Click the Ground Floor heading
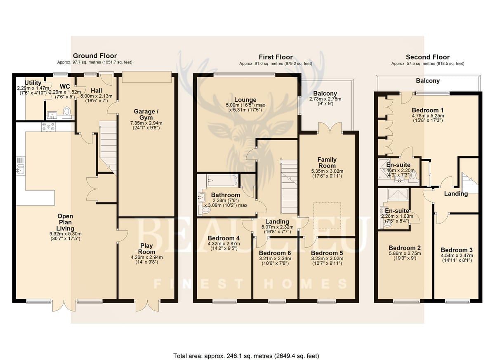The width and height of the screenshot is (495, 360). [x=95, y=56]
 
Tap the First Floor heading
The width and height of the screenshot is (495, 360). [x=276, y=57]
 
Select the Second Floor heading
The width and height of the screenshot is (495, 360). [x=428, y=57]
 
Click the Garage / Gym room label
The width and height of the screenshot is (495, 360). [x=146, y=114]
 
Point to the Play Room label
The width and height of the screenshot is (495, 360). [x=146, y=249]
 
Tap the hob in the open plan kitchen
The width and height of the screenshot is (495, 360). [x=48, y=127]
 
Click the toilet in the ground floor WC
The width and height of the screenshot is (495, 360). [x=66, y=111]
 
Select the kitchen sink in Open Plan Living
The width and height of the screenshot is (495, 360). [x=21, y=165]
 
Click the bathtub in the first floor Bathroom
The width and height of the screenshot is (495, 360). [x=222, y=180]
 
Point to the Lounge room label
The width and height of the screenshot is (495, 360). [x=245, y=100]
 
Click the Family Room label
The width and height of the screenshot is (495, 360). [x=327, y=162]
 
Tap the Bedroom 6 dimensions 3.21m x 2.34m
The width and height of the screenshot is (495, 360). [x=275, y=259]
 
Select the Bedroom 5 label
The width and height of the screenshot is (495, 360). [x=327, y=253]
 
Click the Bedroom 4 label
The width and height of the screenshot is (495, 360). [x=224, y=238]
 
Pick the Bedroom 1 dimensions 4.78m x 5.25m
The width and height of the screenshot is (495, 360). [x=428, y=116]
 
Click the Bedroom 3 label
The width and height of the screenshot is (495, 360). [x=457, y=250]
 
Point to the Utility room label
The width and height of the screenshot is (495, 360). [x=33, y=83]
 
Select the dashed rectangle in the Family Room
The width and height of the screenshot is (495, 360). [x=327, y=216]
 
